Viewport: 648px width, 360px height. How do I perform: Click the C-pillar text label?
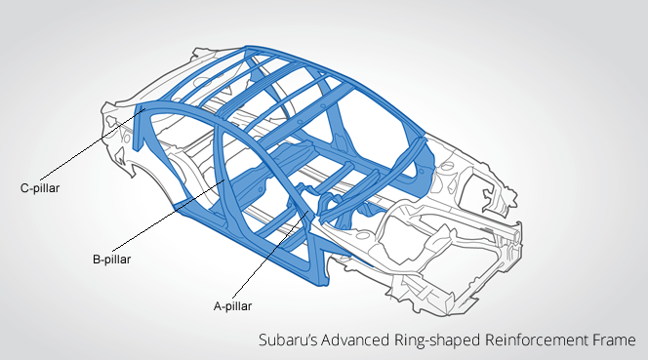coord(40,188)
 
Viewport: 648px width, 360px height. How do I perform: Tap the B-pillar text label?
coord(111,260)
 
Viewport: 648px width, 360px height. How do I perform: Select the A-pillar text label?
coord(232,306)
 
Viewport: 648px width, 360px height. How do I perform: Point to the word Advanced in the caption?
coord(355,340)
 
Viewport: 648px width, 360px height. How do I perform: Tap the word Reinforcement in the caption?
coord(537,340)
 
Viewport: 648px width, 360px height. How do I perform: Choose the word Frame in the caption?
coord(614,340)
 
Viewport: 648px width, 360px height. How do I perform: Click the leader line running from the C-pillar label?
coord(93,145)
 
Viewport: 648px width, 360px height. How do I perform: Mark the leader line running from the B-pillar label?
coord(168,216)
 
